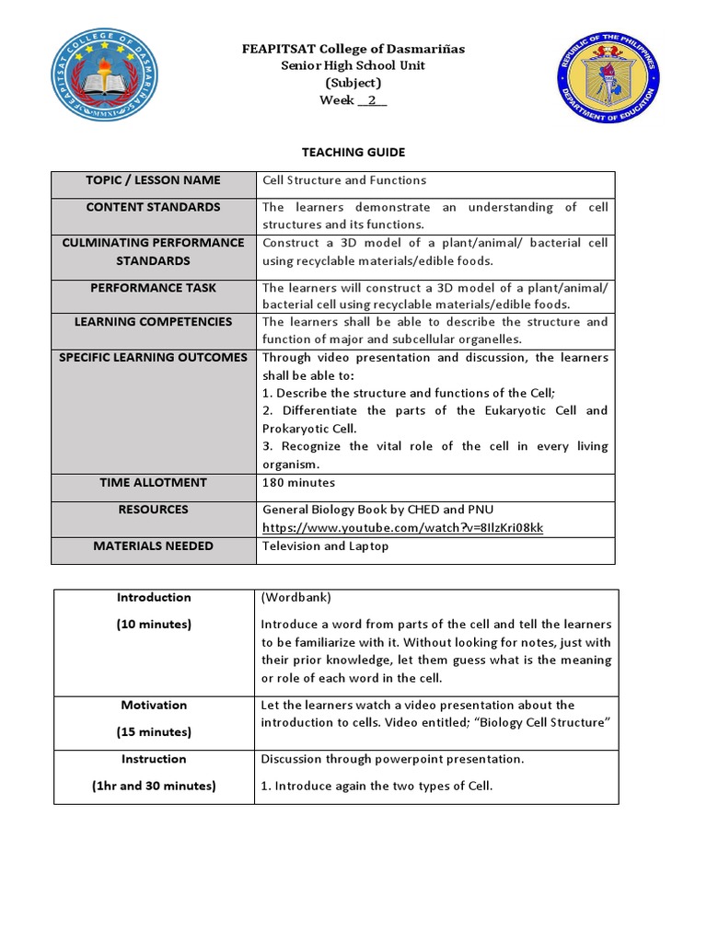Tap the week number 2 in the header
(372, 100)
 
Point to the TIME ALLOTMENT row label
(153, 483)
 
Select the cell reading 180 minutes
(299, 483)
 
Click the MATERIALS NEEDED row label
(153, 546)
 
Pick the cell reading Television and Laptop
(326, 546)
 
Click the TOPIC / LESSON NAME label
(153, 180)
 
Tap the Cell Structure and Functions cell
(344, 180)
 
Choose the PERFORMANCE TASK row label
(153, 288)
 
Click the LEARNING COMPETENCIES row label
(153, 322)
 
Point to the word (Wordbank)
(293, 598)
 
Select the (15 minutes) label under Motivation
(154, 732)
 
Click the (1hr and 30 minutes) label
(154, 786)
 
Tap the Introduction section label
(154, 598)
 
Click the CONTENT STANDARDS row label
(153, 208)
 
